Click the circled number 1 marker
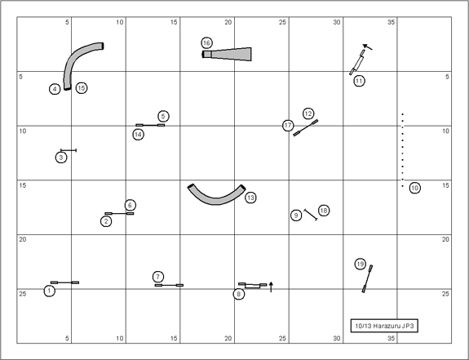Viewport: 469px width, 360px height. click(50, 291)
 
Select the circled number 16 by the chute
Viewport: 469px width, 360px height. click(206, 43)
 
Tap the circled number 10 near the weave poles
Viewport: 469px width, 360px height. click(414, 188)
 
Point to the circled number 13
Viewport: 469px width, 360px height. click(250, 198)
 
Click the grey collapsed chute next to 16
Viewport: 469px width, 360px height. click(227, 54)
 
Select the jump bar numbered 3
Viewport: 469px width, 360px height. click(69, 150)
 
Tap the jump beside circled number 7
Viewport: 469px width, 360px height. click(169, 285)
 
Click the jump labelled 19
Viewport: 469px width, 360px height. click(368, 278)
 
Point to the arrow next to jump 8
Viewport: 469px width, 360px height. click(271, 287)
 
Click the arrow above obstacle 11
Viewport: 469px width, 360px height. click(368, 47)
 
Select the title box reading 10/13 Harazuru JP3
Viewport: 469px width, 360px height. click(384, 326)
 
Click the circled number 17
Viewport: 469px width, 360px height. click(288, 126)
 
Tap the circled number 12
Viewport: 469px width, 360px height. click(308, 113)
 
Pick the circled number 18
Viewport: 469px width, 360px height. click(324, 211)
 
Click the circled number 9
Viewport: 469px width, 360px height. click(296, 216)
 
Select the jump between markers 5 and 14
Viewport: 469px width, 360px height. click(150, 125)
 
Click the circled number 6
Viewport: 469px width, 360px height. click(130, 205)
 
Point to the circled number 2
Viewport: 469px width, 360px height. click(106, 221)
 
